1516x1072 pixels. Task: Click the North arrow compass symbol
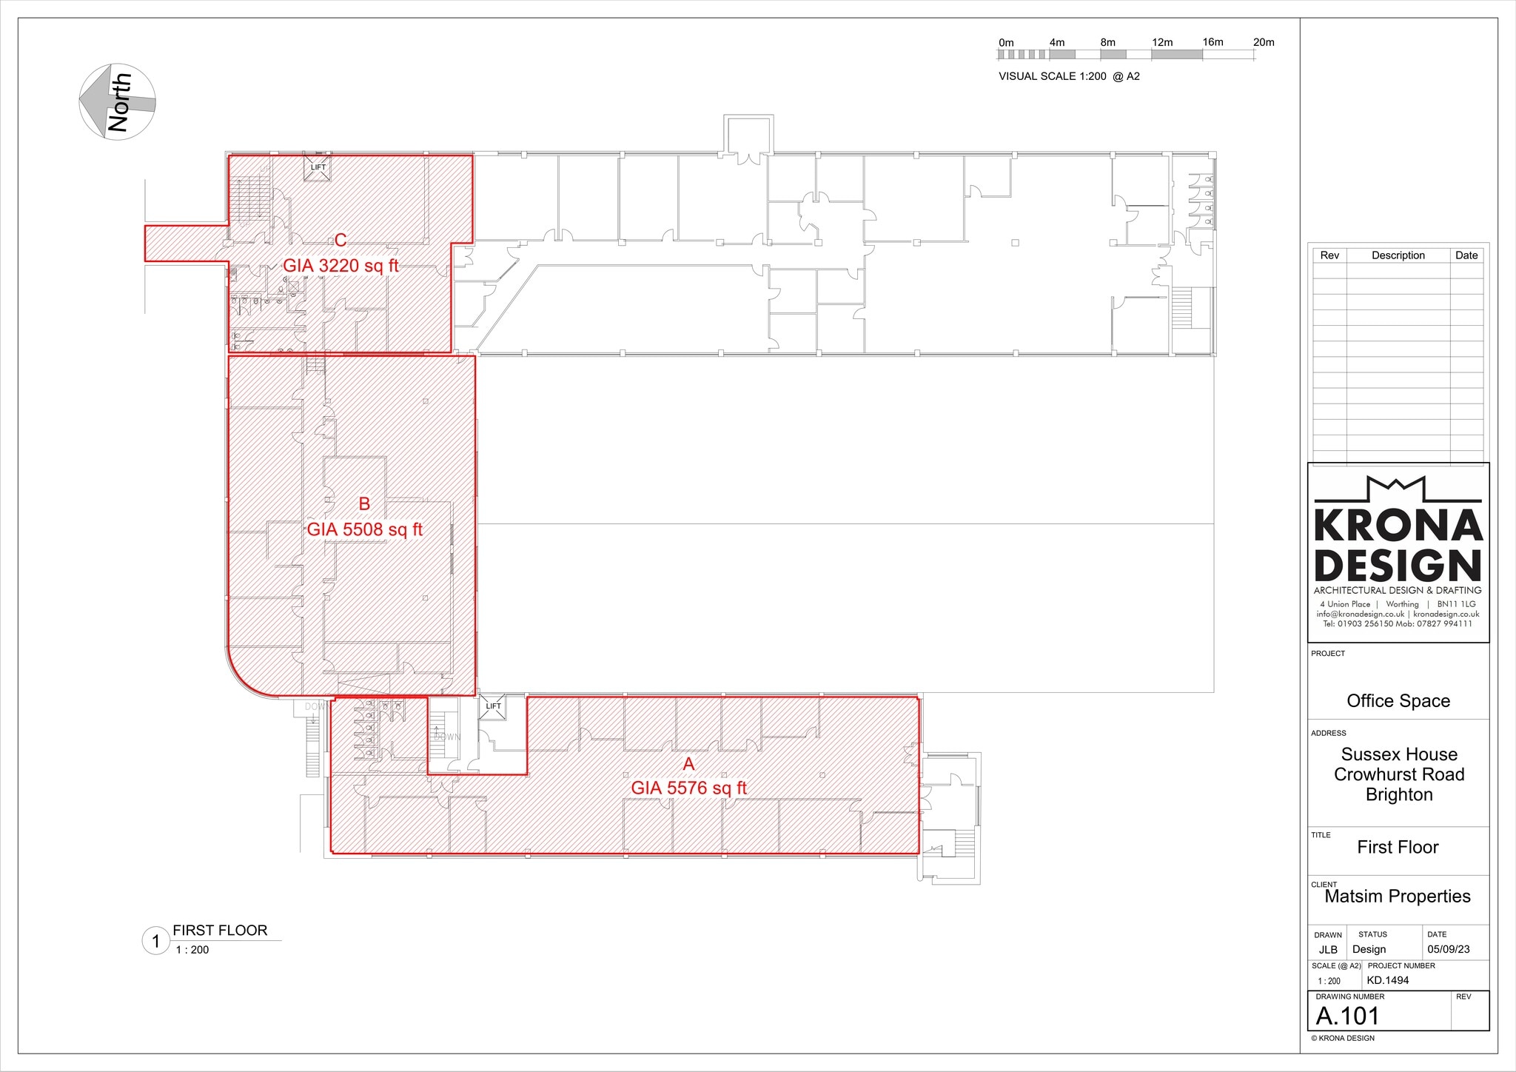point(117,101)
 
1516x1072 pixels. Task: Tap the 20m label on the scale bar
point(1264,42)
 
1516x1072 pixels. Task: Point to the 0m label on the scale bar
point(1006,43)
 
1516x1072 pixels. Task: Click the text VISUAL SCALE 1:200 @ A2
point(1069,76)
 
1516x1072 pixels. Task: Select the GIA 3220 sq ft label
point(341,265)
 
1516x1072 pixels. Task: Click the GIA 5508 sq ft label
point(364,529)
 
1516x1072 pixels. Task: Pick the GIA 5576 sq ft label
point(688,788)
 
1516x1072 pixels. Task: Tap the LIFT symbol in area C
point(318,167)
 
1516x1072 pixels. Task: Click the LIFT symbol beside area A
point(493,706)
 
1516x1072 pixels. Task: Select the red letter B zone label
point(364,504)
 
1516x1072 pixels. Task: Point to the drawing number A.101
point(1347,1016)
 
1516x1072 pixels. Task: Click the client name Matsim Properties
point(1398,897)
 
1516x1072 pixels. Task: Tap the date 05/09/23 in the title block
point(1449,949)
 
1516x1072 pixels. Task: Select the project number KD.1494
point(1388,980)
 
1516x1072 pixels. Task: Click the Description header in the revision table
point(1398,255)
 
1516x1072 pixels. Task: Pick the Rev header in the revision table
point(1329,255)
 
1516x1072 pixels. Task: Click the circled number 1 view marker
point(155,942)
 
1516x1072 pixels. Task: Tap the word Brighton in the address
point(1399,794)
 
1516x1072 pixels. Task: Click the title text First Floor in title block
point(1398,847)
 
